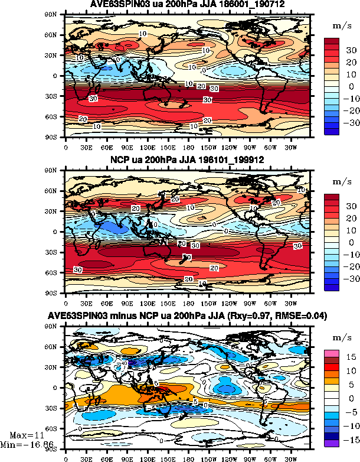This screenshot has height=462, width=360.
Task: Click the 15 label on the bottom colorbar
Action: point(349,357)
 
